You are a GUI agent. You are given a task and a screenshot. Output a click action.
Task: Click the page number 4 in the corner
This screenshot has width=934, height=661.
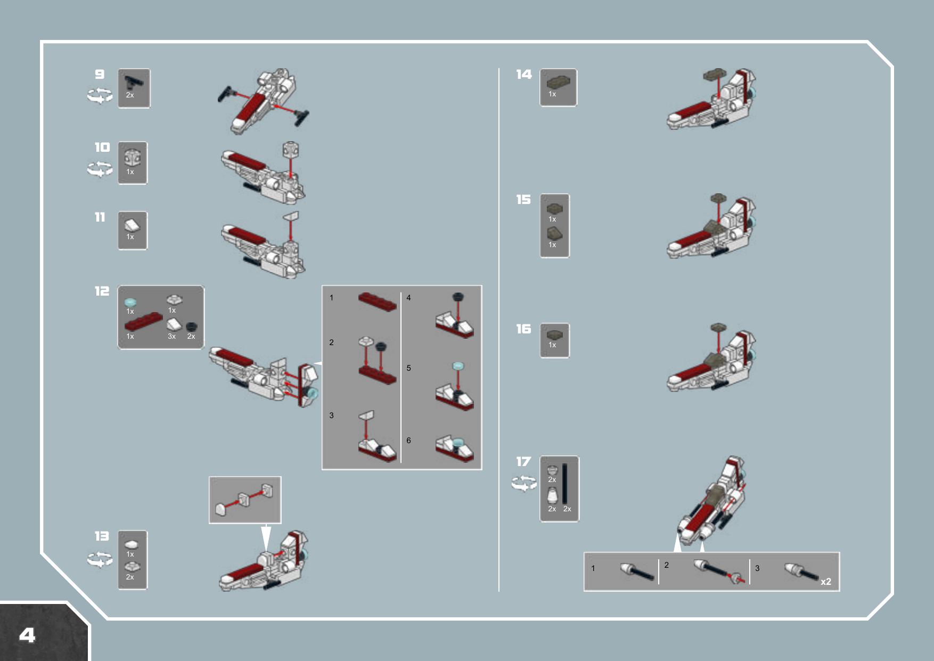27,635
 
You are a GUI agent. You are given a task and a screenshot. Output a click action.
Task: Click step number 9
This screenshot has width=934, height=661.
100,74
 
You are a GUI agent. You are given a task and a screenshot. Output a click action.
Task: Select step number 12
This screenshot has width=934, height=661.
102,291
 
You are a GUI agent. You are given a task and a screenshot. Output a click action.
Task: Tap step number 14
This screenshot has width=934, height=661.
524,74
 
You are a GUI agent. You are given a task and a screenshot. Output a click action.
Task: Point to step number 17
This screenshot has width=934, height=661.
523,461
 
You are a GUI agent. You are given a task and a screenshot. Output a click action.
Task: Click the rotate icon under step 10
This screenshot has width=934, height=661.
100,169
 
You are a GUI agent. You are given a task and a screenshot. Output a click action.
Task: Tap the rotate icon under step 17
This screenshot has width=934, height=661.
524,484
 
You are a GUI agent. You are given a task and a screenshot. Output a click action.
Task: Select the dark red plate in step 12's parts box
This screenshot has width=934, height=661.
143,322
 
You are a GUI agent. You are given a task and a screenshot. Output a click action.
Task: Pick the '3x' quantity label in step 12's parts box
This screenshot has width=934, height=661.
171,337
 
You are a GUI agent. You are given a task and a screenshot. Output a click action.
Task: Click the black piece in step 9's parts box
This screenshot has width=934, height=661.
134,82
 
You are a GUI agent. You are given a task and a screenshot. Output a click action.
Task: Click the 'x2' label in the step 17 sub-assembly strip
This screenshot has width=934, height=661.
826,582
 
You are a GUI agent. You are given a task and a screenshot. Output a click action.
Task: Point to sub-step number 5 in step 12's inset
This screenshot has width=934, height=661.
408,368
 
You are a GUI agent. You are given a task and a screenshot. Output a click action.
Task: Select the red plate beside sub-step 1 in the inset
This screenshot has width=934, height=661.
378,301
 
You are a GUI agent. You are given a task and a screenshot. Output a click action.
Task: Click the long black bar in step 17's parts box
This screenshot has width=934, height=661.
565,484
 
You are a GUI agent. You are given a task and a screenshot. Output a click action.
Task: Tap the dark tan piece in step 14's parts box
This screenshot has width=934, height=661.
558,82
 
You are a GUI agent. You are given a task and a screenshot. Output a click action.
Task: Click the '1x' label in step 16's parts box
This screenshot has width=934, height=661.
552,345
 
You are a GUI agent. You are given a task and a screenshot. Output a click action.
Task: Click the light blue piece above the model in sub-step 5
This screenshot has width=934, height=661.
458,366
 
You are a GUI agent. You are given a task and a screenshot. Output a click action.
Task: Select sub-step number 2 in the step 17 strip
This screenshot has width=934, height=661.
666,565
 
